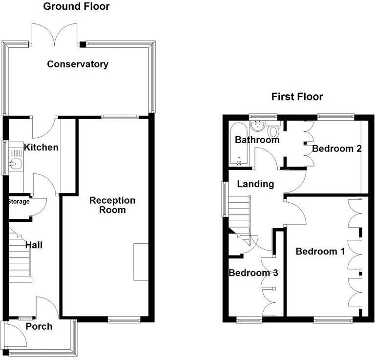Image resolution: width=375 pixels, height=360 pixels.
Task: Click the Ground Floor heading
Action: pyautogui.click(x=76, y=6)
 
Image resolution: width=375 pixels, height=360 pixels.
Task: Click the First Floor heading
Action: pyautogui.click(x=297, y=97)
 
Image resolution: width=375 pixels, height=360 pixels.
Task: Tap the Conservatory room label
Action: pyautogui.click(x=78, y=64)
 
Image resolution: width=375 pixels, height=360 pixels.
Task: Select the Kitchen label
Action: pyautogui.click(x=42, y=148)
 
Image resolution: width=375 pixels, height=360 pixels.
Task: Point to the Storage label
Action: pyautogui.click(x=19, y=202)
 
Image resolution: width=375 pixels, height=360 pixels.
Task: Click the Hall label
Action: pyautogui.click(x=34, y=245)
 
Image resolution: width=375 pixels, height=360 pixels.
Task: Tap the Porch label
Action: pyautogui.click(x=39, y=326)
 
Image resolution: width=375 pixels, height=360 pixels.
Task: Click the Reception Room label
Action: pyautogui.click(x=112, y=205)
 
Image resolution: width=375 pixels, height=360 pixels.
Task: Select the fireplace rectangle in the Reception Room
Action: pyautogui.click(x=141, y=261)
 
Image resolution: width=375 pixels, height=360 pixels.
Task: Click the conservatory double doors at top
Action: pyautogui.click(x=57, y=35)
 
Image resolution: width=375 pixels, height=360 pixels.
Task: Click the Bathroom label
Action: pyautogui.click(x=257, y=140)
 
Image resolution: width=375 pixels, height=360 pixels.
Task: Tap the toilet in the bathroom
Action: pyautogui.click(x=273, y=130)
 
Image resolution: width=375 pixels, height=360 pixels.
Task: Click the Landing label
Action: pyautogui.click(x=255, y=184)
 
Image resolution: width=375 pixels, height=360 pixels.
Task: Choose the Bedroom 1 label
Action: pyautogui.click(x=320, y=252)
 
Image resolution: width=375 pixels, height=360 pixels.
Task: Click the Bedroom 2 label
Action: pyautogui.click(x=336, y=148)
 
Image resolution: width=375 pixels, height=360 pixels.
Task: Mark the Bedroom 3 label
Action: pyautogui.click(x=253, y=273)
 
